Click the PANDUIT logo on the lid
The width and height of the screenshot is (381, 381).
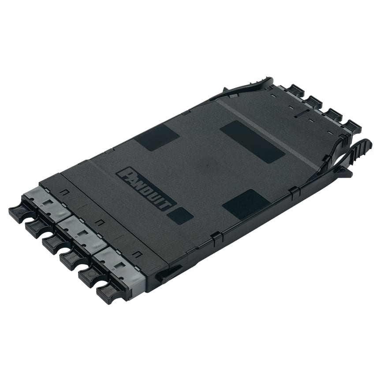click(146, 188)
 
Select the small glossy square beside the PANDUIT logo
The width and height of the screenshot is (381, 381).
click(181, 215)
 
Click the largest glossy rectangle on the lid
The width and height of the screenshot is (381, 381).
click(252, 142)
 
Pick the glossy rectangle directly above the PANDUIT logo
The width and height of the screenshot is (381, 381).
click(157, 137)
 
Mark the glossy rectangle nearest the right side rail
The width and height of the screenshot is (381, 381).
click(246, 204)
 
